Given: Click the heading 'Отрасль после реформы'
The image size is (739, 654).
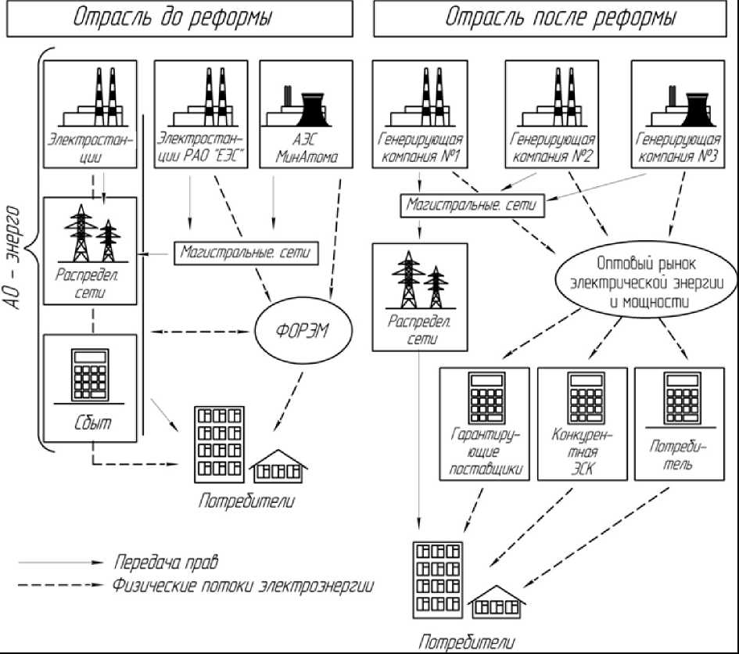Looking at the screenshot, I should click(561, 18).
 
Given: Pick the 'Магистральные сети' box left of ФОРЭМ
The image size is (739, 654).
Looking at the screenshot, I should click(246, 253).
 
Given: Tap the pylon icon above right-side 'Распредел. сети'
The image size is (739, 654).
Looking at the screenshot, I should click(420, 283).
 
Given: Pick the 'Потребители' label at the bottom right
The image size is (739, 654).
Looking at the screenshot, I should click(467, 642).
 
